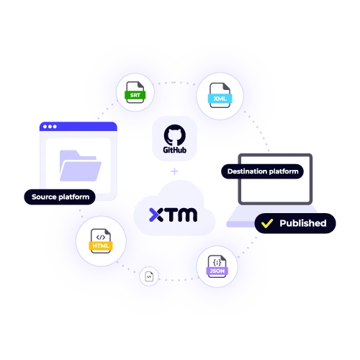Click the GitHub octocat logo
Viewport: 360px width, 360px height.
[x=173, y=135]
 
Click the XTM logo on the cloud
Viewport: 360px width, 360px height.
[x=173, y=214]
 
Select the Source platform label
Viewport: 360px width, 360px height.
[x=60, y=197]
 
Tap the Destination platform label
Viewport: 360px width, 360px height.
[x=261, y=171]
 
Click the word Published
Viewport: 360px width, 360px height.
[x=302, y=223]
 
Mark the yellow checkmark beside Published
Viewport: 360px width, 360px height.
[x=267, y=223]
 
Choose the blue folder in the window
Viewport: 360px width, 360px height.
[x=79, y=164]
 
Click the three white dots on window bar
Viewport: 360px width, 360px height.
[x=49, y=127]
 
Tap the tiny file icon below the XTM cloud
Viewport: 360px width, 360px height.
[x=149, y=276]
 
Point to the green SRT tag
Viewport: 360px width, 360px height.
[x=135, y=94]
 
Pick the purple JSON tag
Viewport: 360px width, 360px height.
[x=216, y=271]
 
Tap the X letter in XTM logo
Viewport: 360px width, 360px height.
[x=156, y=214]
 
